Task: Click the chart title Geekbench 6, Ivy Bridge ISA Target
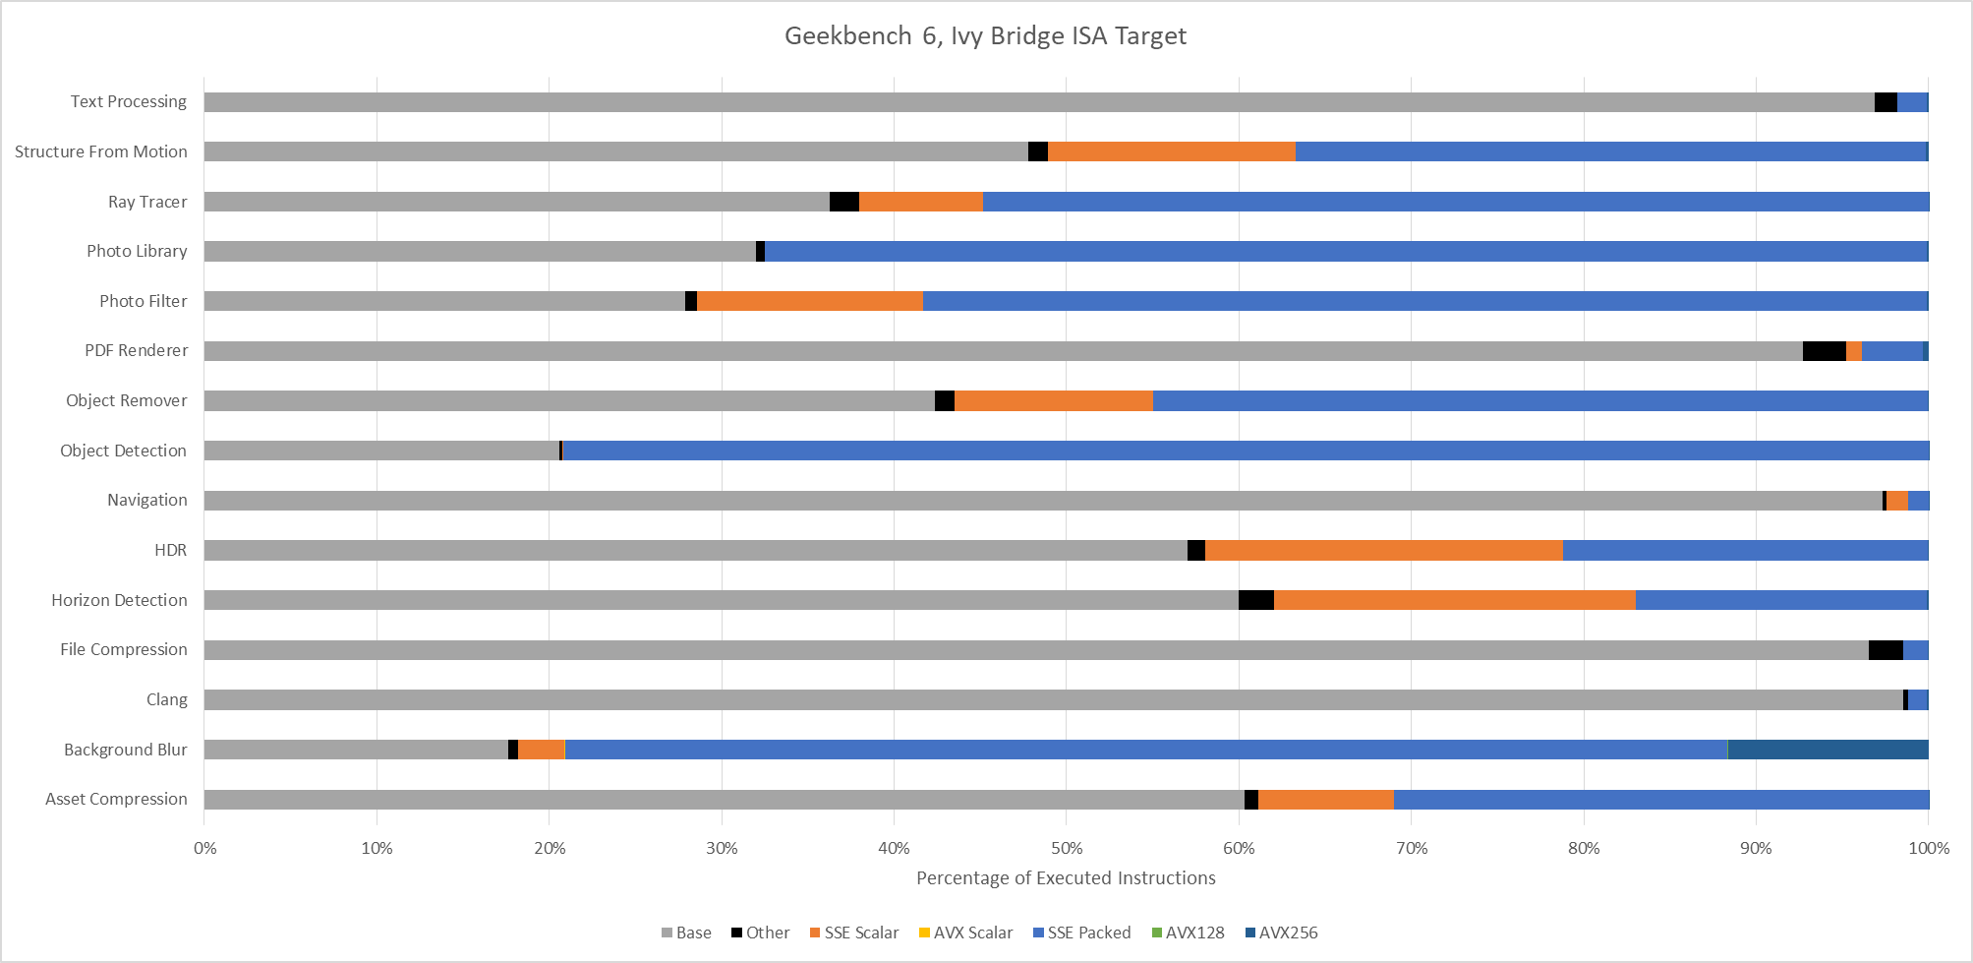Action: [985, 36]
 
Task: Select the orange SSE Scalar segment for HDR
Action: [1384, 550]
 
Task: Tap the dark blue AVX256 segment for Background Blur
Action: [1828, 750]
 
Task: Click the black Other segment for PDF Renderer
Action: [1825, 351]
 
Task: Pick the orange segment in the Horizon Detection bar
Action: [1455, 600]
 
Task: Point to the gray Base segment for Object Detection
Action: [382, 451]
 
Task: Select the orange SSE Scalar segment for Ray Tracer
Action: [921, 202]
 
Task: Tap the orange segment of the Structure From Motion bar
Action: [1172, 151]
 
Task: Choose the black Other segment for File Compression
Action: [1886, 650]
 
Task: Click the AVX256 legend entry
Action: [1282, 933]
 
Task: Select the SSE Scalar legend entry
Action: [854, 933]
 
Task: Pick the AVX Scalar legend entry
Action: [966, 933]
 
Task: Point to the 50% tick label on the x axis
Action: [1067, 848]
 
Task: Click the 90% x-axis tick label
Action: [1757, 848]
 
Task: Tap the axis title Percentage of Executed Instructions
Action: [1066, 878]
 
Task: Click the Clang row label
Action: [167, 699]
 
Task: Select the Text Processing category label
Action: [129, 101]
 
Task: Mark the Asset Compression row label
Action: [116, 799]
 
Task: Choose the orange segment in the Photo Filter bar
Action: [810, 301]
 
